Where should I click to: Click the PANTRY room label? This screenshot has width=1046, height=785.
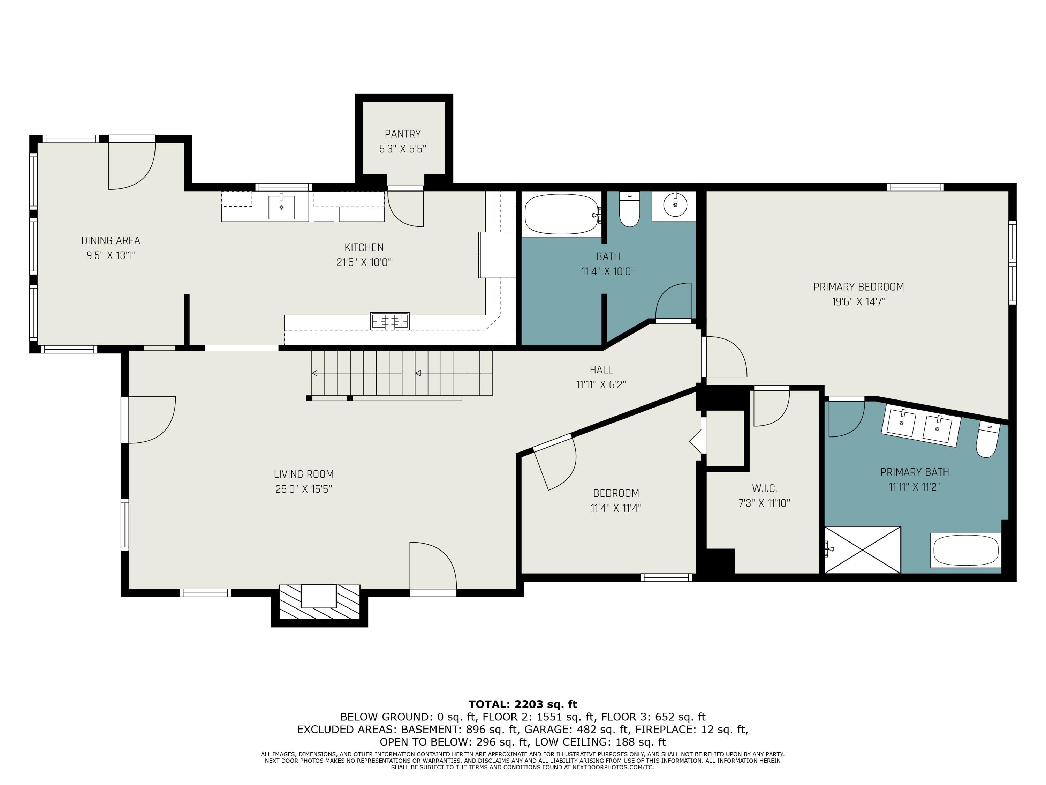pyautogui.click(x=402, y=134)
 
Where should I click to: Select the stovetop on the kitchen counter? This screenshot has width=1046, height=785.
pyautogui.click(x=390, y=321)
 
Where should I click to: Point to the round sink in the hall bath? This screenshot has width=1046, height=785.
pyautogui.click(x=675, y=205)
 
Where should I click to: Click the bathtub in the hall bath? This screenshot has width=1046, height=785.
pyautogui.click(x=562, y=214)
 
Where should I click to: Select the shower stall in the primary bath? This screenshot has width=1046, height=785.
pyautogui.click(x=863, y=550)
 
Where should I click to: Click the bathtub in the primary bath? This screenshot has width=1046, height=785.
pyautogui.click(x=965, y=550)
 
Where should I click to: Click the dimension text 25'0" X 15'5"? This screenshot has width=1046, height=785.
pyautogui.click(x=304, y=489)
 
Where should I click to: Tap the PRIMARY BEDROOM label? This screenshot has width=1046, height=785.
pyautogui.click(x=858, y=287)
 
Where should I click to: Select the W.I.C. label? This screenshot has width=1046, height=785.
pyautogui.click(x=764, y=488)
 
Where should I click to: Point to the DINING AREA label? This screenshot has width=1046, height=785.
pyautogui.click(x=111, y=240)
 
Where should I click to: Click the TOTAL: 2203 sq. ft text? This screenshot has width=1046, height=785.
pyautogui.click(x=523, y=704)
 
